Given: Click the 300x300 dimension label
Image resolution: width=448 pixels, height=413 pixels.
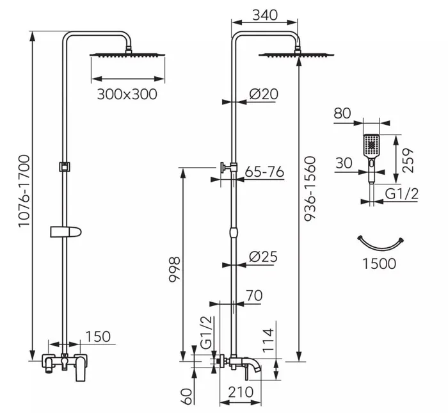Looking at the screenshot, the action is tap(127, 94).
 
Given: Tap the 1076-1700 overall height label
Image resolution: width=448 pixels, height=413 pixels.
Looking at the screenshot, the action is tap(24, 191).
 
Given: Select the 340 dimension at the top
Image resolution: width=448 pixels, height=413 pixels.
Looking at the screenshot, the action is tap(265, 15).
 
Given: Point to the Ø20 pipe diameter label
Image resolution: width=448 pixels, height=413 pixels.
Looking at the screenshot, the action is tap(264, 93).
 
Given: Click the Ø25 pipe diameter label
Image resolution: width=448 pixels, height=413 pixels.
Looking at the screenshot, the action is tap(263, 256).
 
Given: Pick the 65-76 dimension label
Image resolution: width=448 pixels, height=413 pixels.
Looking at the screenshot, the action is tap(264, 172).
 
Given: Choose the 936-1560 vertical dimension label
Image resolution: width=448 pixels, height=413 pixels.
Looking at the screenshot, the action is tap(310, 189).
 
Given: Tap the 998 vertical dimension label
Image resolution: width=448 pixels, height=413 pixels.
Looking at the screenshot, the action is tap(174, 270).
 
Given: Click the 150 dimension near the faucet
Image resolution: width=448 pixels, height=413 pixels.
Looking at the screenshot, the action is tap(98, 337).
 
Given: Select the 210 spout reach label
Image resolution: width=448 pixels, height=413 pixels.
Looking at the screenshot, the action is tap(241, 393).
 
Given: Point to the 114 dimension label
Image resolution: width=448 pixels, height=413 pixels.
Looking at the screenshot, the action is tap(268, 341).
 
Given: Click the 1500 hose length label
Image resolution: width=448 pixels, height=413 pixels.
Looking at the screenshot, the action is tap(380, 264).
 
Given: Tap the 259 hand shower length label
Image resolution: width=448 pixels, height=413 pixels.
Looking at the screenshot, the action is tap(408, 160).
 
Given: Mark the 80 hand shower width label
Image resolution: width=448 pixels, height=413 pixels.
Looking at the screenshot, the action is tap(342, 113).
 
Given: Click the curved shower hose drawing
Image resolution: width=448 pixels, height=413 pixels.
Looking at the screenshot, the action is tap(381, 247).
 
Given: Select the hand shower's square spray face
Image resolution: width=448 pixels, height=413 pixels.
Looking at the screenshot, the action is tap(371, 145).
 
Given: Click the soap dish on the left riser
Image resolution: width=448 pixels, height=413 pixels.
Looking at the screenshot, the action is tap(66, 232).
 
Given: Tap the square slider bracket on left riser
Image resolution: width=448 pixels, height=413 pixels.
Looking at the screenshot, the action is tap(65, 166).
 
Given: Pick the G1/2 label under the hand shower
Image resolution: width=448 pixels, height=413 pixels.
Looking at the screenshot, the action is tap(401, 194).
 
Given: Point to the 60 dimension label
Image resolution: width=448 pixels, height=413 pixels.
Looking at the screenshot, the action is tap(187, 396).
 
